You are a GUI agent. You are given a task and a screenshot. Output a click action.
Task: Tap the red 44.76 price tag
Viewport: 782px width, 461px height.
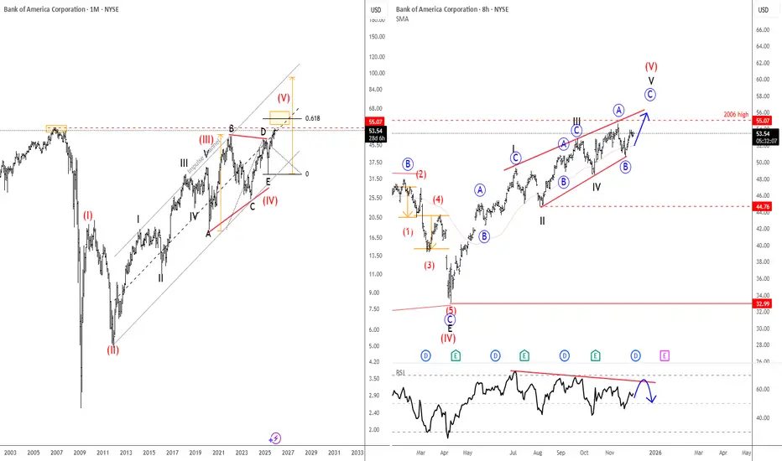763,205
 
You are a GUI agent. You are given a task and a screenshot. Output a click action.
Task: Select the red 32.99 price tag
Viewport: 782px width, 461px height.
763,303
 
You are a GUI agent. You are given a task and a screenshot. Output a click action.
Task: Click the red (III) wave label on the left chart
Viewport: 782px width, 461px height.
206,139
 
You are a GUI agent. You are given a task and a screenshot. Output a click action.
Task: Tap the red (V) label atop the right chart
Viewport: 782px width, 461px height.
650,65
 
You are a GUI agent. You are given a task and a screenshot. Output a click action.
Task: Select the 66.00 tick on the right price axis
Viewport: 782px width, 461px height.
763,30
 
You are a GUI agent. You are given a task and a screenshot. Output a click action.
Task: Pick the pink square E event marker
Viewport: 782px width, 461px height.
665,355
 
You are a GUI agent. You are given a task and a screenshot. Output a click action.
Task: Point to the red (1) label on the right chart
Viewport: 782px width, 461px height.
409,231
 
